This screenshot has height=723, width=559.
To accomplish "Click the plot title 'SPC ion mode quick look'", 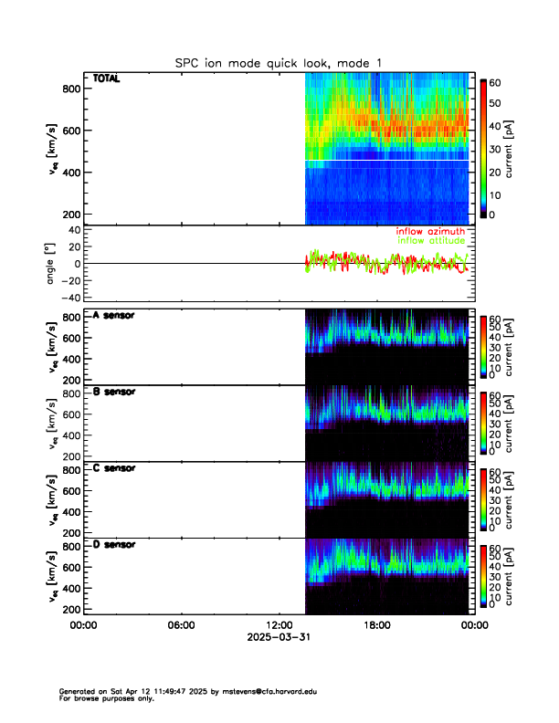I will tap(279, 63).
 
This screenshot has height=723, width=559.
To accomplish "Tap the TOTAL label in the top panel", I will tap(106, 79).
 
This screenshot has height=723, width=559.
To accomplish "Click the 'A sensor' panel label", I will tap(114, 316).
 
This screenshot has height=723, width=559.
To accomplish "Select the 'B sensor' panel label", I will tap(114, 392).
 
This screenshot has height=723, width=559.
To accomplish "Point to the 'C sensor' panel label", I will tap(114, 468).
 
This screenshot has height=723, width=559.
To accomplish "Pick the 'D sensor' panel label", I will tap(114, 544).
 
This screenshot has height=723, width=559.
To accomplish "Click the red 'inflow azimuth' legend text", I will tap(430, 232).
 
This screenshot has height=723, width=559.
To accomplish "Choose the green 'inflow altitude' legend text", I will tap(430, 242).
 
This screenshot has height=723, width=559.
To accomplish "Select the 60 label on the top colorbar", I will tap(495, 83).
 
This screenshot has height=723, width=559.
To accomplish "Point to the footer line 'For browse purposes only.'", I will tap(101, 698).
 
